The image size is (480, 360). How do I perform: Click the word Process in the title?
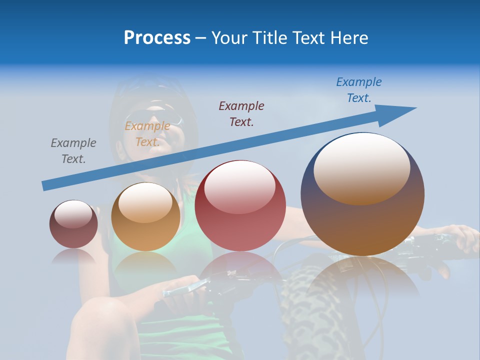click(157, 38)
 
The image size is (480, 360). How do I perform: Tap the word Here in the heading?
click(349, 38)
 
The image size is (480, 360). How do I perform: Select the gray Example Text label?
click(73, 151)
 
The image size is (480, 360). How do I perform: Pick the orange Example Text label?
click(147, 134)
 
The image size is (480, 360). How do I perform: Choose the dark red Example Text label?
click(241, 113)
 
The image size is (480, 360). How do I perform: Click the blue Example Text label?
click(359, 90)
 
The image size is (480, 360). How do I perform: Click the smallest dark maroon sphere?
click(73, 224)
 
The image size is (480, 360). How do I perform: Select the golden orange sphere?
click(145, 217)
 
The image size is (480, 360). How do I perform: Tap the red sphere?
click(240, 206)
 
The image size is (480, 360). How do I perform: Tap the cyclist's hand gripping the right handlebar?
click(457, 240)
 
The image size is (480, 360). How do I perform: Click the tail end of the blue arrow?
click(45, 185)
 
